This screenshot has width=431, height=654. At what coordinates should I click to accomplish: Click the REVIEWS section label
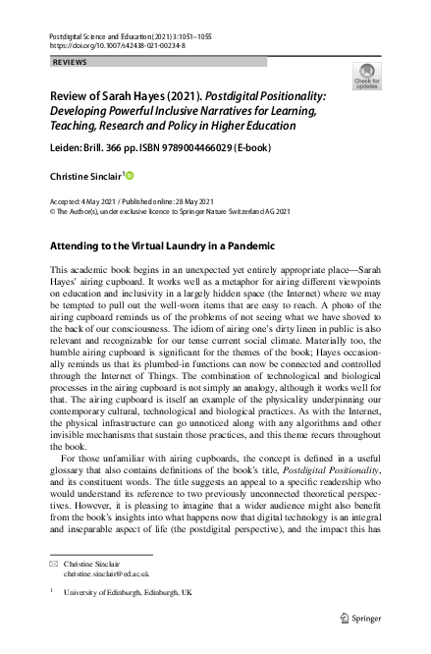68,61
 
